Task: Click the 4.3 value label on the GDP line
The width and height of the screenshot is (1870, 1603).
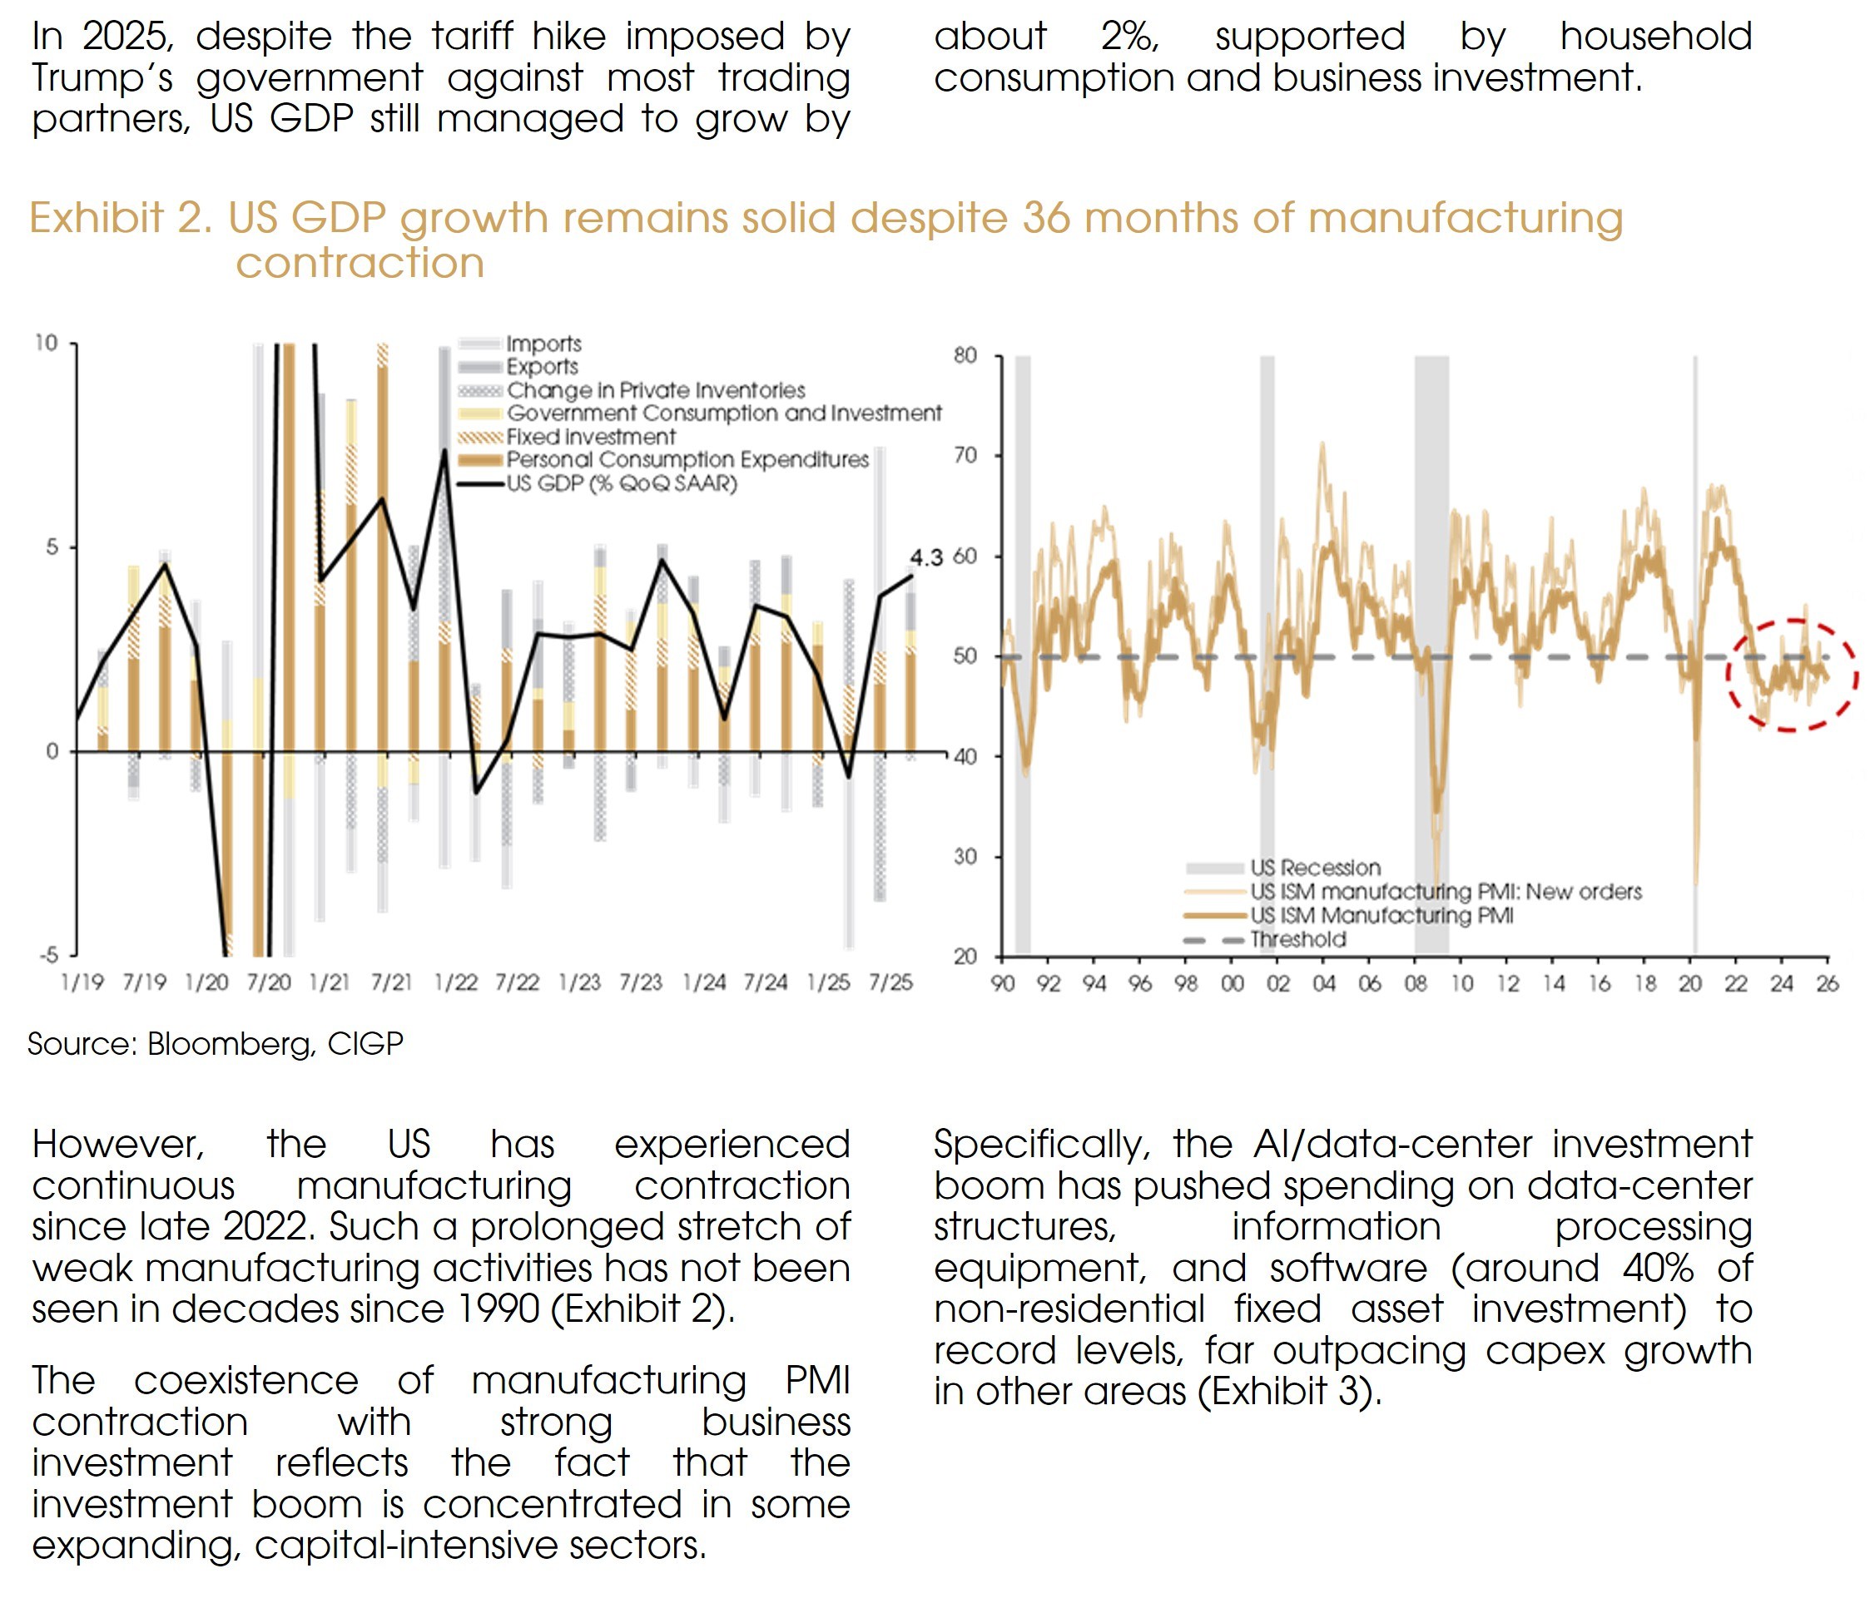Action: [926, 557]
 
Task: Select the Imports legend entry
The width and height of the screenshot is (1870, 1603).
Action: [543, 344]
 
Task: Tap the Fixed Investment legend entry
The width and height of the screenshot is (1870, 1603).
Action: [590, 437]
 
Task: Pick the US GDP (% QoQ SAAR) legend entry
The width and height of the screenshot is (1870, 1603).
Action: [621, 483]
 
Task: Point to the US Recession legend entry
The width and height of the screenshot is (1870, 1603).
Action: [1315, 868]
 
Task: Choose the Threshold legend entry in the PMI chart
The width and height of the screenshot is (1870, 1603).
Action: [1297, 939]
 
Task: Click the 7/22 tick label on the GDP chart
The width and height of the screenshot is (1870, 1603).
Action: [517, 982]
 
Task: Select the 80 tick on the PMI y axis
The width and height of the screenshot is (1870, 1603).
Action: [965, 355]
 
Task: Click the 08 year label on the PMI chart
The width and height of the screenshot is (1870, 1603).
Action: [1415, 983]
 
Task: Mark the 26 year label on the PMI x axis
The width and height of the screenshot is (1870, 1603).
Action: [1827, 983]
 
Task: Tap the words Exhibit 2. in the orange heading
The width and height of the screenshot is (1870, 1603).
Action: [120, 218]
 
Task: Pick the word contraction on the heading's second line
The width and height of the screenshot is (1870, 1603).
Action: [360, 264]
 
